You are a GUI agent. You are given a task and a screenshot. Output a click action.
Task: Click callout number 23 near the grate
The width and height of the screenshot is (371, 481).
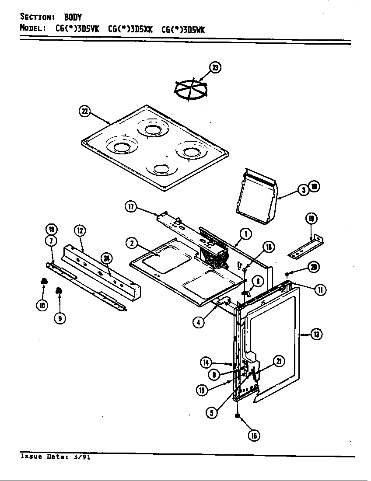coord(215,67)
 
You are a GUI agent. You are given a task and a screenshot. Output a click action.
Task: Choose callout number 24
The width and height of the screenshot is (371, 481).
coord(106,258)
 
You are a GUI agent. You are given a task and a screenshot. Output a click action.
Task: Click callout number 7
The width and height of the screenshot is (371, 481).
coord(51,241)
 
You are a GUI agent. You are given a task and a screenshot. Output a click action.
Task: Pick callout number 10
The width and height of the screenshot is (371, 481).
coord(42,306)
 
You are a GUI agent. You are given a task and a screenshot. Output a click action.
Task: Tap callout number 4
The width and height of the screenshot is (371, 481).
coord(199,322)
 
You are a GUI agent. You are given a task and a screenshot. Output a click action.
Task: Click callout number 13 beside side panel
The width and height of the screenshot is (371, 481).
coord(316,335)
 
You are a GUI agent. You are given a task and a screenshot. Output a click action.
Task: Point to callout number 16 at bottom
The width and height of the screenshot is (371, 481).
coord(254,435)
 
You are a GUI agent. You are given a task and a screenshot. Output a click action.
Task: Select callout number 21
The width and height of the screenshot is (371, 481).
coord(278,361)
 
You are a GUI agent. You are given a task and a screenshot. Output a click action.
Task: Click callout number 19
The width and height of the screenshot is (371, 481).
coord(311,218)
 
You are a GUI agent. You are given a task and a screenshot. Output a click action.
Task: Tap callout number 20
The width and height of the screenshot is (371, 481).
coord(312,268)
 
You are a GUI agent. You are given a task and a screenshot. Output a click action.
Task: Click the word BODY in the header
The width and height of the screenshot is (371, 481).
coord(73,17)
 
